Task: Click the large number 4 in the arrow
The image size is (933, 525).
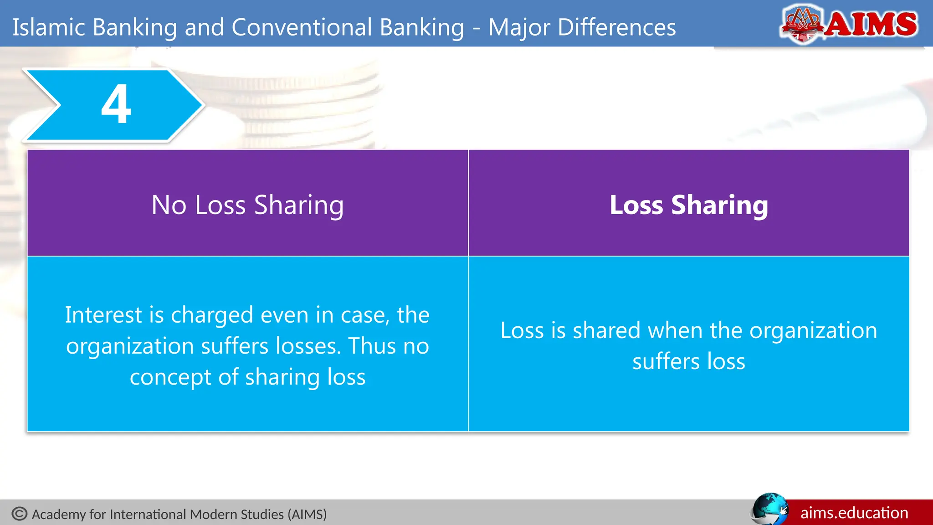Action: pos(116,104)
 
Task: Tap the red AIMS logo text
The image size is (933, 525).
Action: pos(871,24)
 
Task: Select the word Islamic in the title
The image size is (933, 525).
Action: pos(49,27)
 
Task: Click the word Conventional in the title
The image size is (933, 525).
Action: pos(348,27)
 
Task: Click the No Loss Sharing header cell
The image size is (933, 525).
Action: pos(247,205)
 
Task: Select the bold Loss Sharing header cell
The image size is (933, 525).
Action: pos(689,205)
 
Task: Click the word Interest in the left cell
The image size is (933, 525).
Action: pos(104,315)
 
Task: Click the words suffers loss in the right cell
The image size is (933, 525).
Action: pos(689,361)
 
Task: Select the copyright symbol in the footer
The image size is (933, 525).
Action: pos(20,514)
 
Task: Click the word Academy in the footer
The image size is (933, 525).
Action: pos(59,515)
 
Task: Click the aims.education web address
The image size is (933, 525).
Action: pos(854,513)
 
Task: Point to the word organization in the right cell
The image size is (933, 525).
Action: pos(813,330)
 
